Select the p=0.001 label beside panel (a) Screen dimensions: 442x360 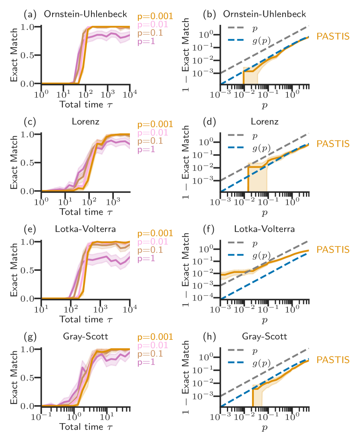[x=155, y=16]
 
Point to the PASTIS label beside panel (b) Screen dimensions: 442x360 [x=333, y=36]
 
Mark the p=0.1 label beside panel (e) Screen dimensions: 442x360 [x=150, y=250]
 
